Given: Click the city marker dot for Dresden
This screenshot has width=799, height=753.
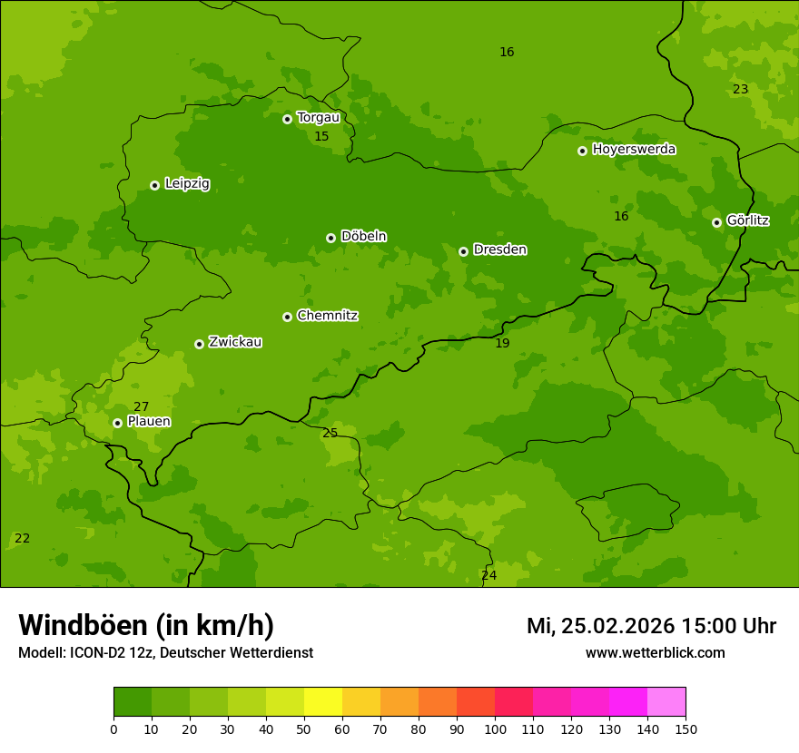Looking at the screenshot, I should [x=463, y=251].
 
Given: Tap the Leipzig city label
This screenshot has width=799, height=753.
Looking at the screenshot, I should [x=187, y=184].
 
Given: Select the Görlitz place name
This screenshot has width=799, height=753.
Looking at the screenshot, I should [x=747, y=220].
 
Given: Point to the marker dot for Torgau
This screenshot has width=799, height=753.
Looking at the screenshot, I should [x=287, y=119].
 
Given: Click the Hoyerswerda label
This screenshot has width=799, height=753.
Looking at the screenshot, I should [x=634, y=150].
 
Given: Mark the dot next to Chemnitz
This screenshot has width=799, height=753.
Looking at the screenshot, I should [x=287, y=317].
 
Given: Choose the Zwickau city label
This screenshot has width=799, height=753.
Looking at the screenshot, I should [x=235, y=342].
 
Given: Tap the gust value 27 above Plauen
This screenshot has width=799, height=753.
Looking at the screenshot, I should [x=141, y=407].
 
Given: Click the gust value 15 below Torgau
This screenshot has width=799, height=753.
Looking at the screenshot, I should [x=321, y=137].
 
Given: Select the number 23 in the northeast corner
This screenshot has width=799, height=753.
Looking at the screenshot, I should [x=740, y=89].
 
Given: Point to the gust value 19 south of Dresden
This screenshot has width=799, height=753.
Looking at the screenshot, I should [x=502, y=344].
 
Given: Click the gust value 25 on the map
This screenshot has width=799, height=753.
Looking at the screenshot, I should [x=330, y=433].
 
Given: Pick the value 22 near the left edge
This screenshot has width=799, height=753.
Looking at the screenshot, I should [x=22, y=539].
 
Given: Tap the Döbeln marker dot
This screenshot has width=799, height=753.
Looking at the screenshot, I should [x=330, y=238].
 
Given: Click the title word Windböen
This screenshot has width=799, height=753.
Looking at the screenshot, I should [x=83, y=625].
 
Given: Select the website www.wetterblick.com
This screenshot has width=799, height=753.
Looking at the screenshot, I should [x=655, y=653].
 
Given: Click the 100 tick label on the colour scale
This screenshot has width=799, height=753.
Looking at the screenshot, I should [x=495, y=729].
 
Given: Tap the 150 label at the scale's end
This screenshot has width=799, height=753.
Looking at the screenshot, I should [x=686, y=729].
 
